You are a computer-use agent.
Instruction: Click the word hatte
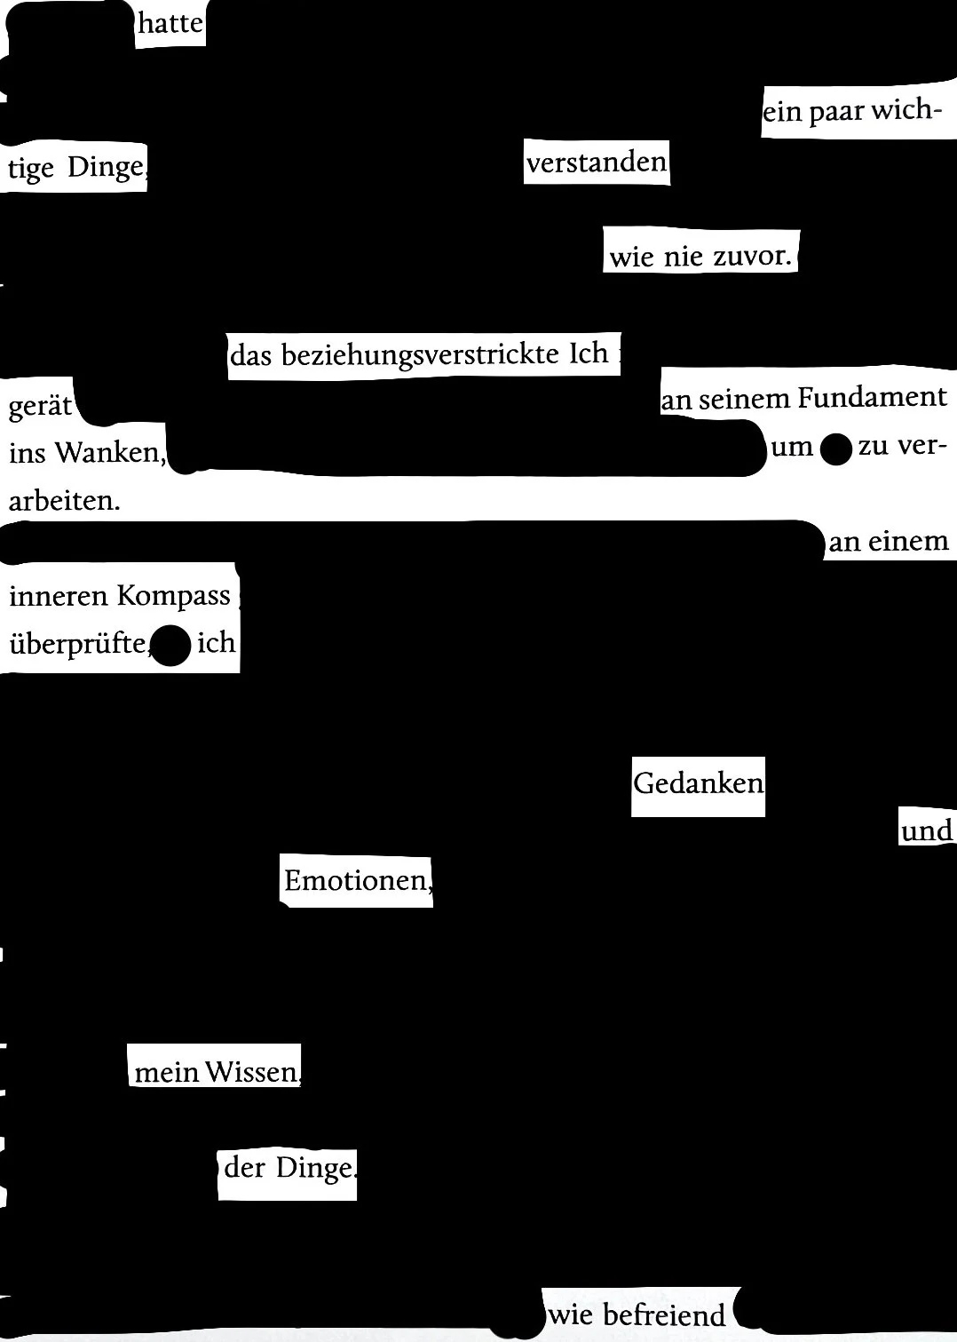pyautogui.click(x=170, y=24)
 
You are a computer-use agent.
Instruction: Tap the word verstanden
pyautogui.click(x=596, y=163)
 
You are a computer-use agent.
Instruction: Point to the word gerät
pyautogui.click(x=40, y=407)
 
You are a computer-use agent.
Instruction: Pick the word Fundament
pyautogui.click(x=872, y=397)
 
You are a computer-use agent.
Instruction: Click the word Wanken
pyautogui.click(x=110, y=453)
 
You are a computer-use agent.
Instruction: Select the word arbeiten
pyautogui.click(x=63, y=501)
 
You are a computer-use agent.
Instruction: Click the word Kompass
pyautogui.click(x=173, y=595)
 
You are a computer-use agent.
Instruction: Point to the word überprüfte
pyautogui.click(x=77, y=643)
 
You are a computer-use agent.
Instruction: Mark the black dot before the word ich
pyautogui.click(x=172, y=646)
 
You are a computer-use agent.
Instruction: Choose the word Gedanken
pyautogui.click(x=698, y=783)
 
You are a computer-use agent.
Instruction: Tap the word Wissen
pyautogui.click(x=253, y=1072)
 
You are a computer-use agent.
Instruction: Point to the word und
pyautogui.click(x=926, y=831)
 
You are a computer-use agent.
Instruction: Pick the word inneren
pyautogui.click(x=59, y=595)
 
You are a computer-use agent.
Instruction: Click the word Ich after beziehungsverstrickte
pyautogui.click(x=589, y=353)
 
